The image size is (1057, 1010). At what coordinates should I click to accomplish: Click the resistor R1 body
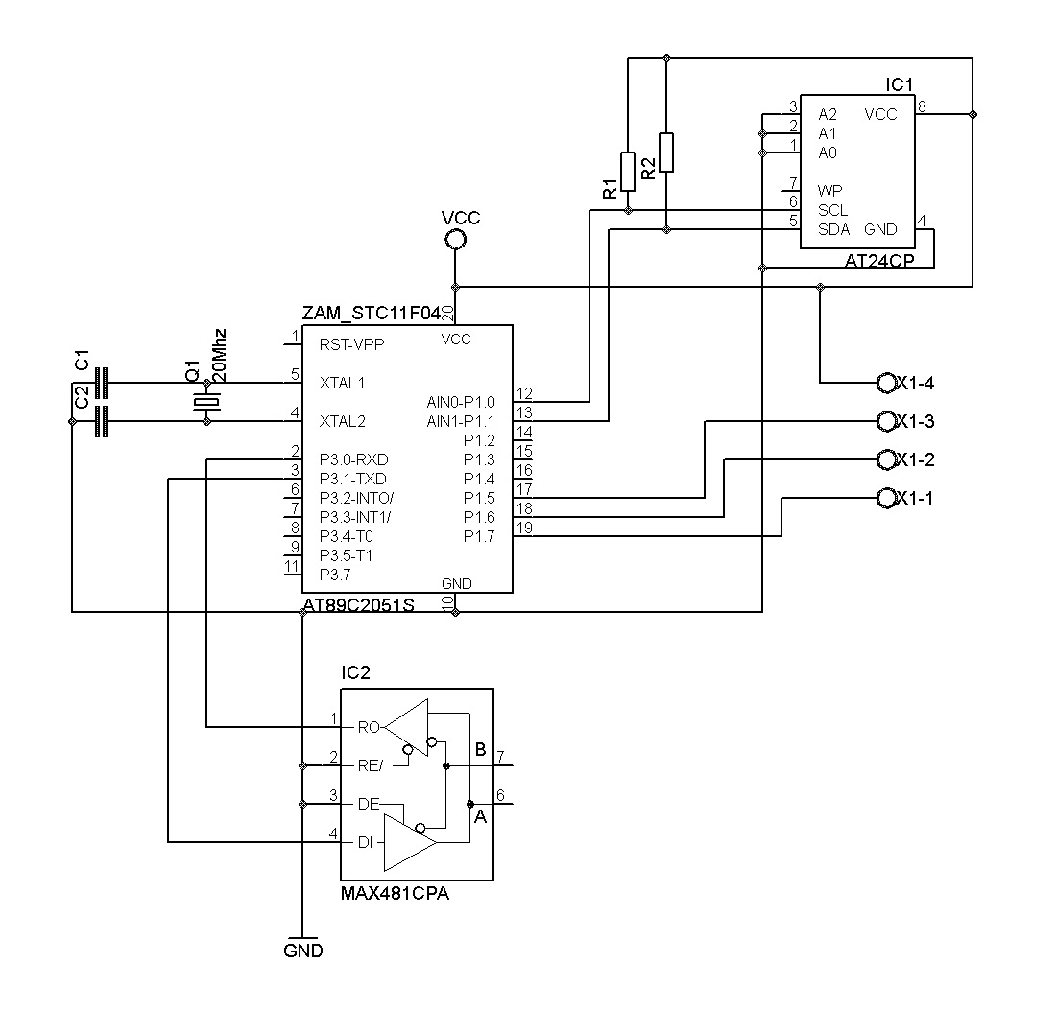coord(628,172)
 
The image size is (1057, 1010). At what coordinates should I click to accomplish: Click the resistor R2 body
coord(666,153)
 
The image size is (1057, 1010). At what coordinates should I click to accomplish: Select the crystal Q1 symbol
coord(207,403)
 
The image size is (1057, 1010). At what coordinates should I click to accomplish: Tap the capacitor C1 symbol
coord(101,383)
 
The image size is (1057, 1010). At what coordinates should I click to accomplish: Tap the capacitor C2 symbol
coord(101,421)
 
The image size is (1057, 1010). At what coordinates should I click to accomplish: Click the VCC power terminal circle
coord(455,239)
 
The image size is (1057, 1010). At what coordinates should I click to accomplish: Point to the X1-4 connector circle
coord(886,383)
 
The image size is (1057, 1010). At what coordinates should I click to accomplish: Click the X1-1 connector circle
coord(886,498)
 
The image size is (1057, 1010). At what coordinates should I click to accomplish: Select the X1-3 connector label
coord(916,421)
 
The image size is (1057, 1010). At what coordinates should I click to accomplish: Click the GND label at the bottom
coord(303,951)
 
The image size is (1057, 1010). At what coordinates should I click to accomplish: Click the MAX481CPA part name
coord(395,894)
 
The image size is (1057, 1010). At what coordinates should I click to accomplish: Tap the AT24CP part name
coord(879,261)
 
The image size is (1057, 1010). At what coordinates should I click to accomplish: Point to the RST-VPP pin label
coord(352,344)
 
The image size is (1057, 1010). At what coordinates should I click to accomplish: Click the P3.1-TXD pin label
coord(353,480)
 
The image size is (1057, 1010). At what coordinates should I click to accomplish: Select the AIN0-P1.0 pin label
coord(461,403)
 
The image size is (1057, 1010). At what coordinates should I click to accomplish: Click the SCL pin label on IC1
coord(832,211)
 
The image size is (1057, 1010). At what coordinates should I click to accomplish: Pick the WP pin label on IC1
coord(829,191)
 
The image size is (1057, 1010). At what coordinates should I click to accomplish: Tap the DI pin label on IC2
coord(365,842)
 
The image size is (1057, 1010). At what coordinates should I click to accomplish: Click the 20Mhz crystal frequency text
coord(219,356)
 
